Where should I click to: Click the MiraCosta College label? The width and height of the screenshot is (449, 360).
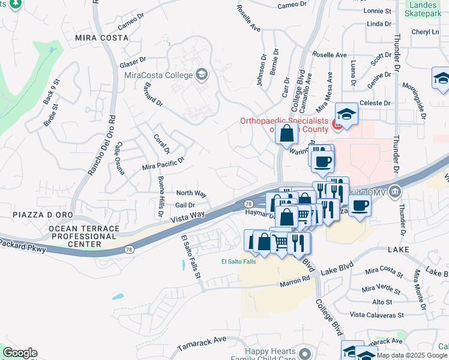[158, 75]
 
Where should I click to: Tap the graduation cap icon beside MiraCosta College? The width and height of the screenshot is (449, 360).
[202, 75]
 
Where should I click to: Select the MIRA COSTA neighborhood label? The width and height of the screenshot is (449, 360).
[101, 37]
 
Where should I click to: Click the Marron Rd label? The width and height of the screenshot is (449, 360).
[294, 280]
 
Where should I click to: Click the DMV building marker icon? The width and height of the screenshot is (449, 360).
[395, 192]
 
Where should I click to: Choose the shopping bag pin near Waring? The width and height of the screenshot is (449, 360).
[287, 133]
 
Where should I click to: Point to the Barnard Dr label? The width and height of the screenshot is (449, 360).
[152, 95]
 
